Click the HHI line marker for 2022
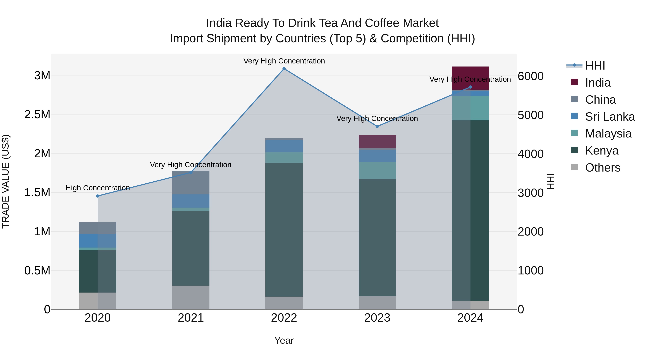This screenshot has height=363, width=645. point(284,69)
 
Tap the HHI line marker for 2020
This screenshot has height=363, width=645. point(98,196)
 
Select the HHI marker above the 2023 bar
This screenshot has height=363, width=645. point(377,127)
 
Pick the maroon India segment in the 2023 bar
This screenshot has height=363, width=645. point(377,142)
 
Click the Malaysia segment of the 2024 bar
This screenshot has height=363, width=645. point(470,108)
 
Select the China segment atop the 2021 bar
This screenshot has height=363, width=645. point(191,182)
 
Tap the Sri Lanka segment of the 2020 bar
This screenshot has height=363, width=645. point(98,241)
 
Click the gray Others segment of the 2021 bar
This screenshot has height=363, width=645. point(191,297)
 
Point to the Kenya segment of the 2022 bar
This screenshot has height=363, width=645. point(284,230)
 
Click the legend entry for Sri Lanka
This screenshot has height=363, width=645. point(610,117)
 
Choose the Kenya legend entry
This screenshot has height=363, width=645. point(601,151)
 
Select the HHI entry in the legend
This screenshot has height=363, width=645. point(595,66)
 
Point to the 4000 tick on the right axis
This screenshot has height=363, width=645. point(531,154)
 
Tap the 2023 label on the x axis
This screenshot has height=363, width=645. point(377,318)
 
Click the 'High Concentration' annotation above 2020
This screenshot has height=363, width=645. point(98,188)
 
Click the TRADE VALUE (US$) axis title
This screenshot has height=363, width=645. point(6,181)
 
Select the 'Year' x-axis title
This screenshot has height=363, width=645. point(284,340)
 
